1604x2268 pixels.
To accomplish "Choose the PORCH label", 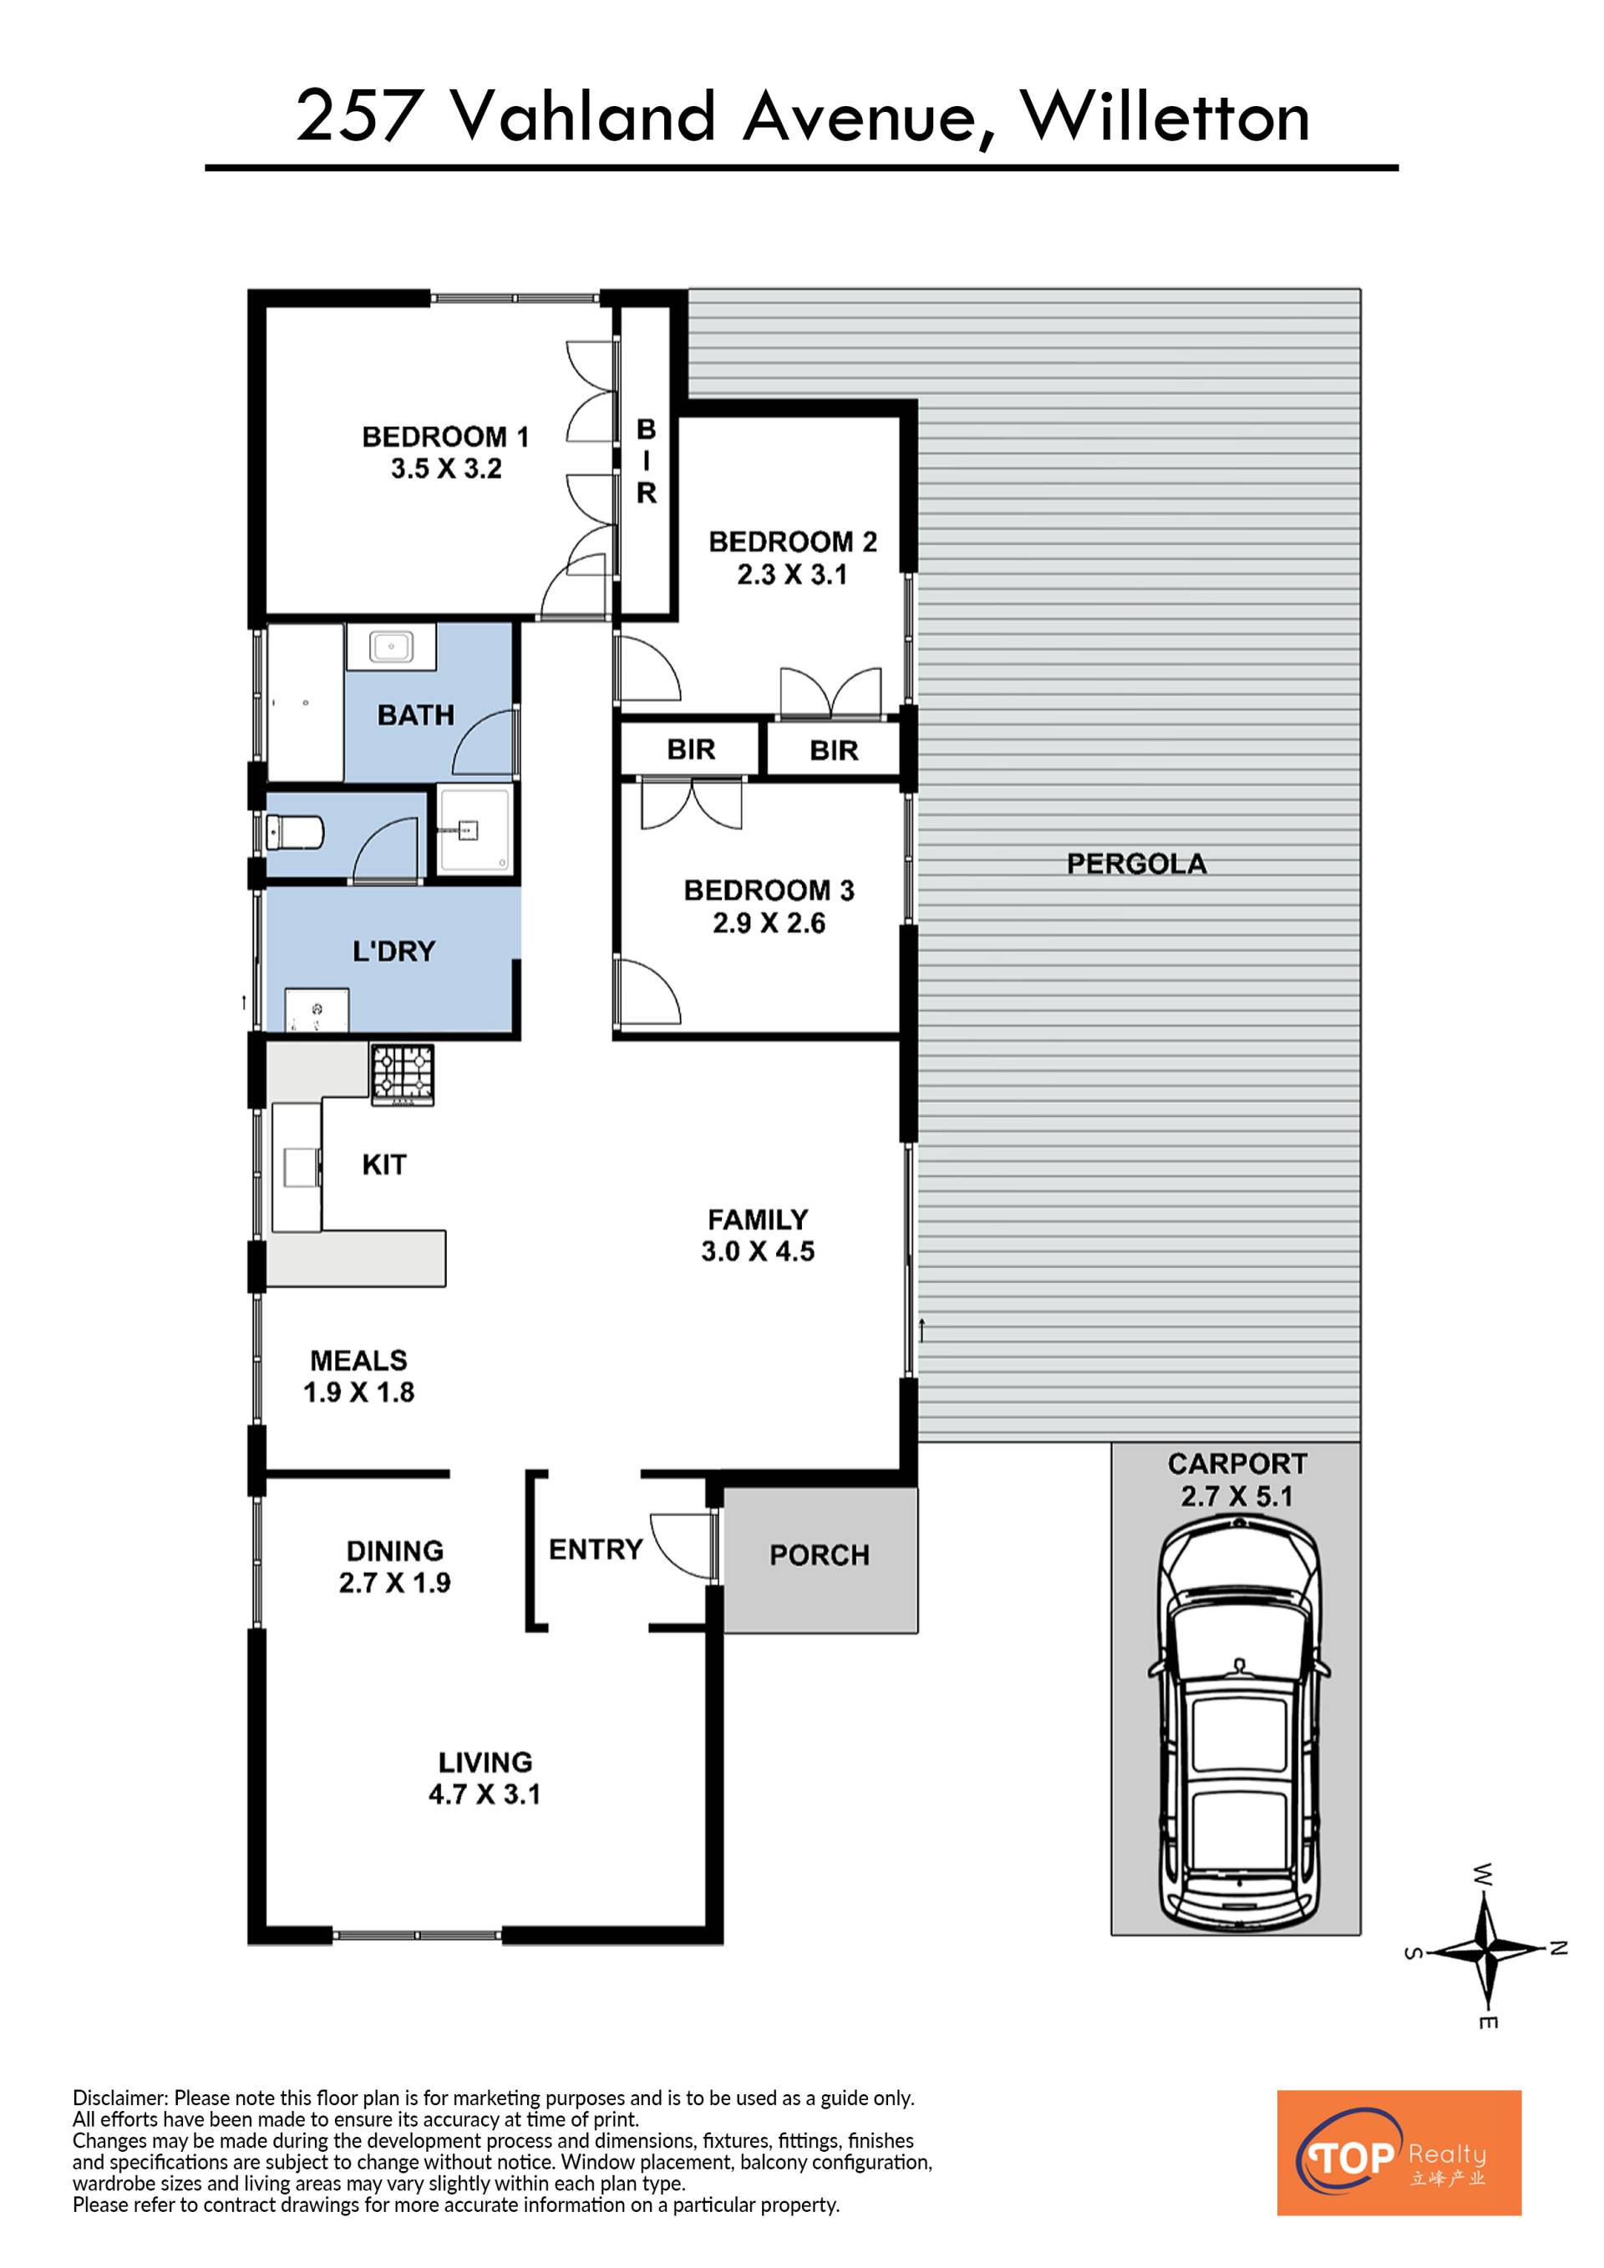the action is click(x=820, y=1555).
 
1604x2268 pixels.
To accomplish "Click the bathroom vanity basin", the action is click(x=390, y=648).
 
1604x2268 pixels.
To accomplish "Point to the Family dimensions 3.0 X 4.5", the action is click(x=758, y=1251).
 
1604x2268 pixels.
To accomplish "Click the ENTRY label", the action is click(x=596, y=1549).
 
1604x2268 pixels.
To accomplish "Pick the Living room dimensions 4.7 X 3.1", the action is click(x=484, y=1793).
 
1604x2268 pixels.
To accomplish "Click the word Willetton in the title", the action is click(x=1165, y=117).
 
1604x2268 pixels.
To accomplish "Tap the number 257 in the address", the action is click(x=356, y=117).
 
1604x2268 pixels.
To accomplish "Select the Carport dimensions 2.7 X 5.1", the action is click(x=1236, y=1495).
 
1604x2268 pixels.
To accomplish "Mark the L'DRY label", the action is click(x=393, y=951).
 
